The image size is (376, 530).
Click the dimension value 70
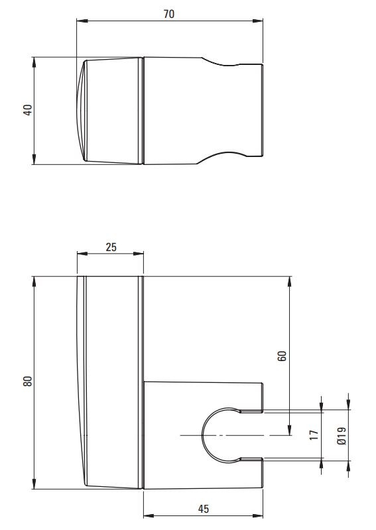(169, 14)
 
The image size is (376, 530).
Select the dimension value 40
(28, 110)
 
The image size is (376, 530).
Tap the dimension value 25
(111, 247)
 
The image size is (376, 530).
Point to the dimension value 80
(28, 382)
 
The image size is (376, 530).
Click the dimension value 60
(282, 356)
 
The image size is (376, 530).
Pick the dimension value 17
(314, 435)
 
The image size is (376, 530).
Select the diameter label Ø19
(342, 436)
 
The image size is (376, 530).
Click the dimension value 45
(204, 509)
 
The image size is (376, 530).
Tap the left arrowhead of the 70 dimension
(82, 21)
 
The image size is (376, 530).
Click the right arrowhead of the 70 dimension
(258, 21)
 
